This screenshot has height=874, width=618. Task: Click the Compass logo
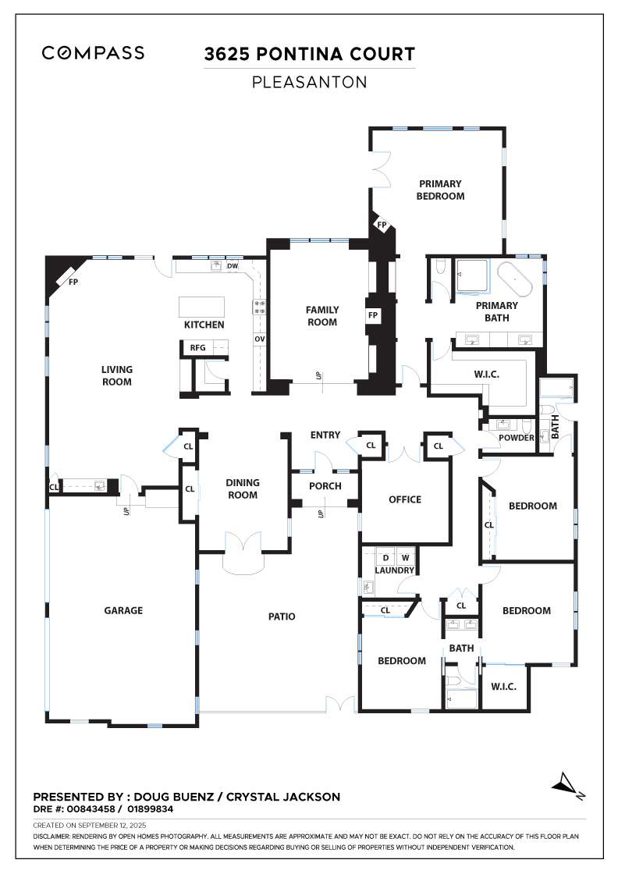coord(93,53)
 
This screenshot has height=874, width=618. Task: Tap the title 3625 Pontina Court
coord(309,54)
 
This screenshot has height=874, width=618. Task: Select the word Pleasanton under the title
coord(309,83)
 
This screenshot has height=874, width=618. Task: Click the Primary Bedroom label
coord(440,190)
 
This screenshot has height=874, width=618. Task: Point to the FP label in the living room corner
coord(73,282)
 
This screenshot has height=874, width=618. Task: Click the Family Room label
coord(322,316)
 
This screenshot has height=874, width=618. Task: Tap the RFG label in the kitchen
coord(198,348)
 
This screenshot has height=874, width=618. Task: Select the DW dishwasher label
coord(233,266)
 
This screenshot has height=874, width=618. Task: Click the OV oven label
coord(260,339)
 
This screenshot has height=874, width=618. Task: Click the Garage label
coord(123,610)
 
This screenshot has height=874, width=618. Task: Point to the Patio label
coord(282,616)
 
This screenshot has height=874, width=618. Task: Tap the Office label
coord(405,499)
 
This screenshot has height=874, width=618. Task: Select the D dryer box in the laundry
coord(385,557)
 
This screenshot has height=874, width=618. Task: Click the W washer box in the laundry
coord(405,557)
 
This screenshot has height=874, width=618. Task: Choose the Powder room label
coord(516,438)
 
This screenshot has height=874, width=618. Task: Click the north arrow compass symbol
coord(567,785)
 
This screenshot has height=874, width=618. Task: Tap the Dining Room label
coord(243,489)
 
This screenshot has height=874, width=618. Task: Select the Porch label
coord(325,486)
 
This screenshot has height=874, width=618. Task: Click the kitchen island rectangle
coord(202,307)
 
